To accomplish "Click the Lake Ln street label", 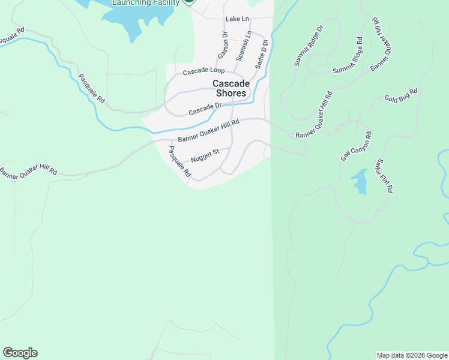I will point(237,19).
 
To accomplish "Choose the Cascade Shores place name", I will point(228,89).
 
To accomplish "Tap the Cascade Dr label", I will point(205,109).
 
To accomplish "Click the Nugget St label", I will point(205,156).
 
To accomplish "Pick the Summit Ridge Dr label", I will point(309,46).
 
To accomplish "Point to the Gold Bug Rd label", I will point(400,96).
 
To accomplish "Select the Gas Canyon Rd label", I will point(357,146).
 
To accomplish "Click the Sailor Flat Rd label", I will point(384,175).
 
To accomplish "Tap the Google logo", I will point(20,353).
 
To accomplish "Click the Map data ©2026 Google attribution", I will point(412,355).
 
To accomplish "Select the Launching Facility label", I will point(146,2).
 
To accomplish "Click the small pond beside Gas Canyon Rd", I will point(360,181).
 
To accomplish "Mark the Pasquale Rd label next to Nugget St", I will point(179,161).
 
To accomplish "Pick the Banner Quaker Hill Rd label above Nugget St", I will point(208,130).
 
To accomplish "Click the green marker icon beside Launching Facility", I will point(188,1).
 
